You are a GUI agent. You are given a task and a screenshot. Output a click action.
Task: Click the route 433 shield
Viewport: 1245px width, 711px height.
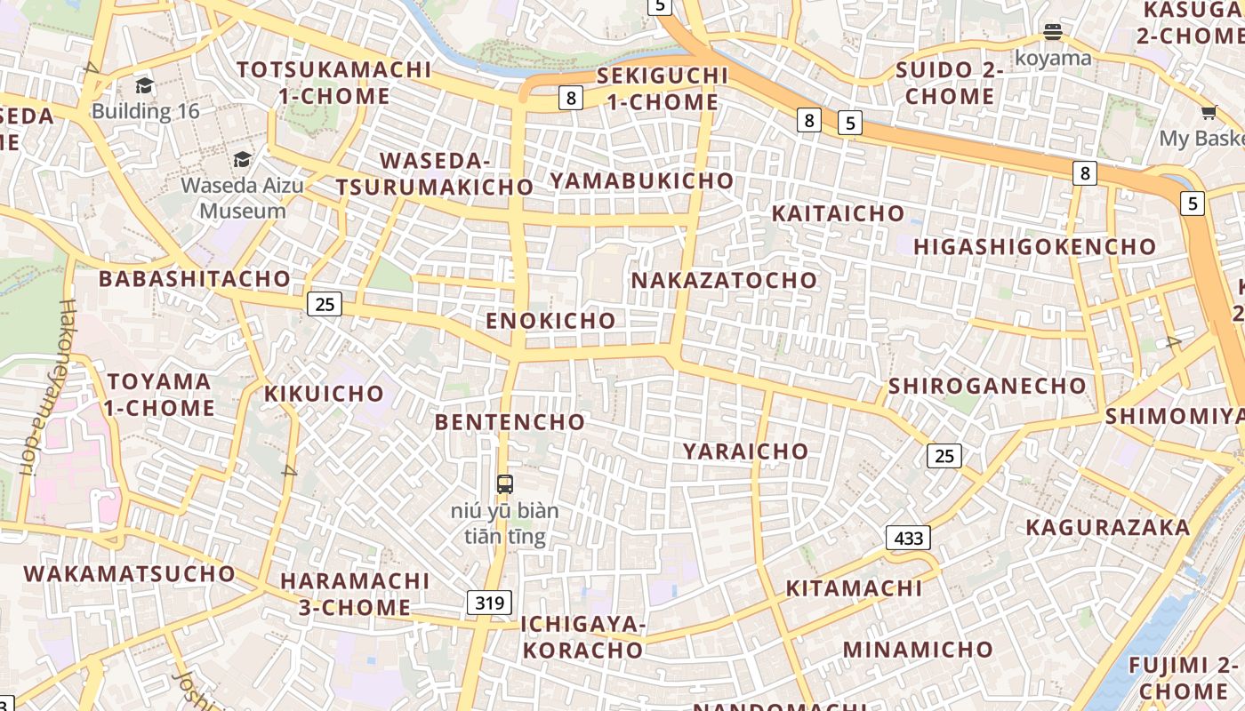pos(908,537)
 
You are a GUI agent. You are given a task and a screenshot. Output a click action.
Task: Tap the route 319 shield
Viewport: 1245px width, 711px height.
pos(489,603)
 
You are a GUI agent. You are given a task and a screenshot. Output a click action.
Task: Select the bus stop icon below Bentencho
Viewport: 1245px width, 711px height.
pos(505,484)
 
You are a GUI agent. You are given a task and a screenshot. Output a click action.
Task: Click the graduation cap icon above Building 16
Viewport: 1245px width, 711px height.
pos(145,85)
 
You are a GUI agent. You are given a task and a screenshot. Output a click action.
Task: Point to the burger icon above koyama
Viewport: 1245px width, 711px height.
pos(1053,33)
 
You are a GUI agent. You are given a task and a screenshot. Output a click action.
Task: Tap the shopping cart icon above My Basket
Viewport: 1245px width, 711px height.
pos(1209,113)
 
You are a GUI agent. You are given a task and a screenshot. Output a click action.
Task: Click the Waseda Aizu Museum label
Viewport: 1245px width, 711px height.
pos(243,198)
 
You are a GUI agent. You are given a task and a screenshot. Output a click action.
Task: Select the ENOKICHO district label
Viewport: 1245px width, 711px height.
pos(550,321)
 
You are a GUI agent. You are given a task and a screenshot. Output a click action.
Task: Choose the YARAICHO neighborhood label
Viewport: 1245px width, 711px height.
pos(745,451)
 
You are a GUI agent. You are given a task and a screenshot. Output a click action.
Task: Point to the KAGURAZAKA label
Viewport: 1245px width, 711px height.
pos(1107,528)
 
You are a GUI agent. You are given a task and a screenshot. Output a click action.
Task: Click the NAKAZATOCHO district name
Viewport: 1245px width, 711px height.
pos(724,281)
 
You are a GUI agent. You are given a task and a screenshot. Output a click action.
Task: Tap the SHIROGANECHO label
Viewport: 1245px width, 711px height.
pos(987,386)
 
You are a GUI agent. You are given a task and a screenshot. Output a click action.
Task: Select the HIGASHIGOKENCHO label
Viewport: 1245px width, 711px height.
pos(1034,247)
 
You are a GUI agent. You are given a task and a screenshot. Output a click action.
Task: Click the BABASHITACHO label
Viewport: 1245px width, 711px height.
pos(195,279)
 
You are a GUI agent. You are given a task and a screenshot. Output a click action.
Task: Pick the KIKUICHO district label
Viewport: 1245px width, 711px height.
pos(324,394)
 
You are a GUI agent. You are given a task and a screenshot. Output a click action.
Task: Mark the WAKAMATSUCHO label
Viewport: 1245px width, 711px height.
pos(129,574)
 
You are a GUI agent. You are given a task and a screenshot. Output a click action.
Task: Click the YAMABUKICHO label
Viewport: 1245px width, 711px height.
pos(641,181)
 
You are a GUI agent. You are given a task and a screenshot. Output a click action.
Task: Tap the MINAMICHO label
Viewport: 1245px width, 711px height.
pos(918,650)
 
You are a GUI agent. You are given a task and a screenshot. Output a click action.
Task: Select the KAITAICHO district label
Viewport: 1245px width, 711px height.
pos(838,214)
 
